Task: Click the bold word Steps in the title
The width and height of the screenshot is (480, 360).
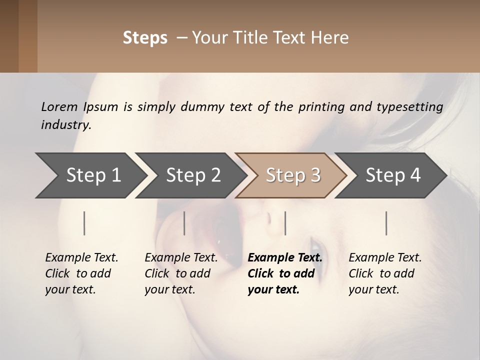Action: click(x=145, y=38)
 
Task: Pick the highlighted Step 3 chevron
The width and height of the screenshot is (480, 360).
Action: click(x=293, y=175)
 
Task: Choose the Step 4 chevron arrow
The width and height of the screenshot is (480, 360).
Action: click(x=393, y=175)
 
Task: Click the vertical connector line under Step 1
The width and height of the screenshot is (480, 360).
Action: click(x=84, y=223)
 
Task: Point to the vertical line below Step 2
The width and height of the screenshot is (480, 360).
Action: click(x=184, y=223)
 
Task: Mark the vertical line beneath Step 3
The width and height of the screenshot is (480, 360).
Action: click(x=285, y=223)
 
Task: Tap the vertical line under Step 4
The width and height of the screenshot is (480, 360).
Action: click(x=386, y=223)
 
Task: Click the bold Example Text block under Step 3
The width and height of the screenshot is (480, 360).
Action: click(x=285, y=273)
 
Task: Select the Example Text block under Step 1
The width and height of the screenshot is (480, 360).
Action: click(x=81, y=273)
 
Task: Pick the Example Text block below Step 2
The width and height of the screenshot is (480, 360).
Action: click(x=181, y=273)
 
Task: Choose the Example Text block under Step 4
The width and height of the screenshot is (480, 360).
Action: click(x=385, y=273)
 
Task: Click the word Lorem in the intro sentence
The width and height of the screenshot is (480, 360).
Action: click(x=59, y=106)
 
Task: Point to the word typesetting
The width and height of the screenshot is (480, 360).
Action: click(x=409, y=106)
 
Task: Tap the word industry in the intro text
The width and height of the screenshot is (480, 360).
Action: click(x=66, y=124)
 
